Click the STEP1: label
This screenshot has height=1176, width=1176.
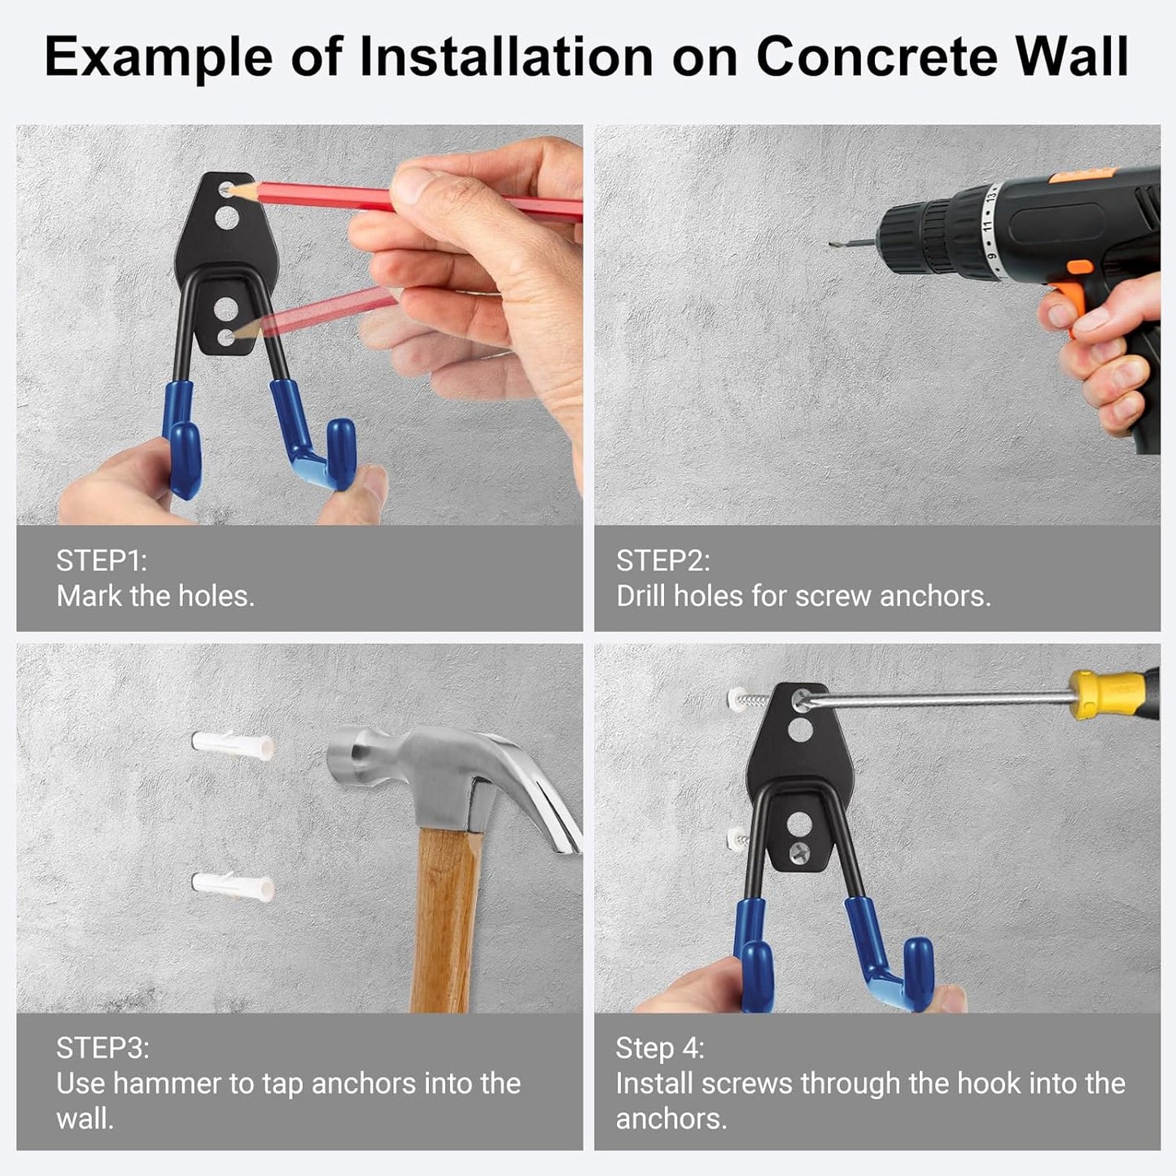[x=101, y=561]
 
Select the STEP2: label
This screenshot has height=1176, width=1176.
[x=662, y=561]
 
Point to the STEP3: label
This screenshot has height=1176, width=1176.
[x=103, y=1047]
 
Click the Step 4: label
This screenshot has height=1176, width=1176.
[x=659, y=1047]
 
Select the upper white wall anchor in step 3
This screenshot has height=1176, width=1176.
[x=232, y=745]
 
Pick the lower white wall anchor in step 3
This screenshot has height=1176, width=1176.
[x=232, y=885]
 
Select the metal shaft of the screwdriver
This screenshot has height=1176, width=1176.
[x=936, y=697]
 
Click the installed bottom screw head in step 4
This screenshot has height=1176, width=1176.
[x=798, y=853]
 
